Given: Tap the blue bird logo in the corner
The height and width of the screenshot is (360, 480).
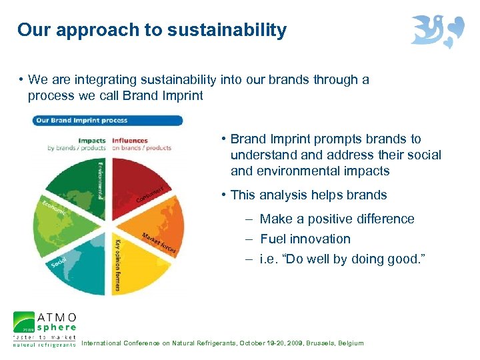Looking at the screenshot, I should [x=437, y=31].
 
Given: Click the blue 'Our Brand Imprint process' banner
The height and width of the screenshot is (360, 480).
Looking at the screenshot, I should [x=107, y=121].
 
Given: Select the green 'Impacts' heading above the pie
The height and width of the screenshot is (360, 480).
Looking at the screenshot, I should [x=91, y=141].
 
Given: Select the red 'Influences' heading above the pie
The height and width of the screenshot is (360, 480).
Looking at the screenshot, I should [x=130, y=141].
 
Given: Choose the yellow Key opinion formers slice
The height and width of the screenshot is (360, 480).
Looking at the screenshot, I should [x=137, y=267].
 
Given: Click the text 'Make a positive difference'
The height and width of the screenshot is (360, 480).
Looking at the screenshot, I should [x=337, y=219].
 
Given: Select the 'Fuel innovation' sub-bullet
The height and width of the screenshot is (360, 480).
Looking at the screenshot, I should [x=305, y=239].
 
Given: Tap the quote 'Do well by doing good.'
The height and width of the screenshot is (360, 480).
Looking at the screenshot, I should [x=346, y=259].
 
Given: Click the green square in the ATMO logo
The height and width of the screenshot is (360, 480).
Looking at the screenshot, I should [x=24, y=322].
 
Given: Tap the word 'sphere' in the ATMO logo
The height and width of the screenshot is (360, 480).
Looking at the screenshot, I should [x=57, y=327].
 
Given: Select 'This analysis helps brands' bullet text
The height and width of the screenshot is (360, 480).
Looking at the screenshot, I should [x=308, y=195].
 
